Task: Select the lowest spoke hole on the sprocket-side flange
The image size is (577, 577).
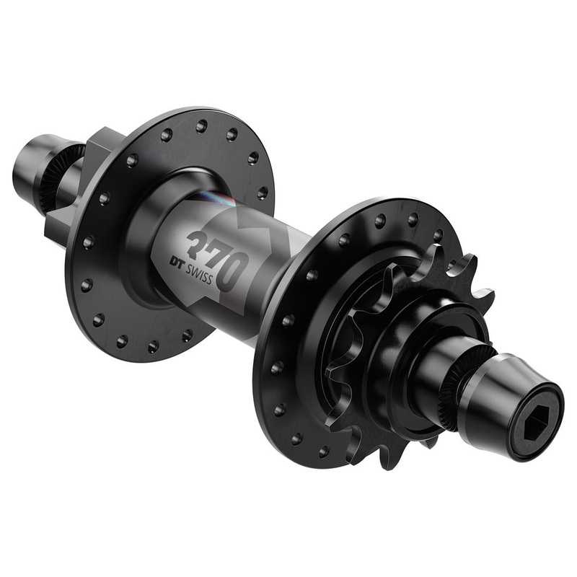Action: pyautogui.click(x=296, y=439)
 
